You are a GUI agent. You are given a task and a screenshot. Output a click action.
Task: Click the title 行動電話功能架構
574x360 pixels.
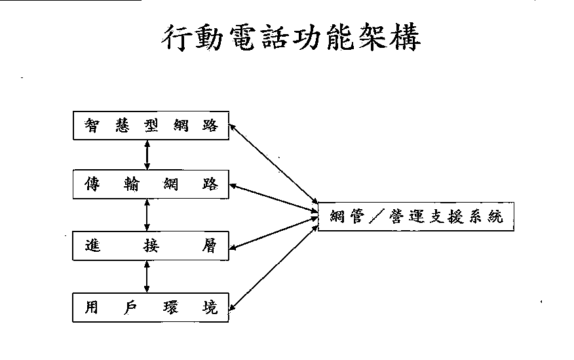tap(291, 39)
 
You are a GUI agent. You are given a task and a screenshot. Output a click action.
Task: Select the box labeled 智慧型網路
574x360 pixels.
tap(150, 126)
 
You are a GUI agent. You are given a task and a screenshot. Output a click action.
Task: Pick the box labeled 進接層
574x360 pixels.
tap(150, 246)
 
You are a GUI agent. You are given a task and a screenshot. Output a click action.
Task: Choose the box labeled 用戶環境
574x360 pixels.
tap(150, 308)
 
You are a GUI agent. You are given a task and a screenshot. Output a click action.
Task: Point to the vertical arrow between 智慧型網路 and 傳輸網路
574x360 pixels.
tap(147, 155)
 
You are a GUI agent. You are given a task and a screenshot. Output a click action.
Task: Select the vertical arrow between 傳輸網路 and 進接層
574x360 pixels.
tap(147, 215)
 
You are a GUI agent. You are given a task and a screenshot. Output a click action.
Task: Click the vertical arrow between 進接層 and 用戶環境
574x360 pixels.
tap(147, 276)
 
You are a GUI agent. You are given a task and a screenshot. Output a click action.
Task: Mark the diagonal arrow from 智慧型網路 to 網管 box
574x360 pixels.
tap(273, 165)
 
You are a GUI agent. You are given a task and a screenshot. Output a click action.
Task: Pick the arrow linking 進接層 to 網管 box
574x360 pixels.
tap(273, 233)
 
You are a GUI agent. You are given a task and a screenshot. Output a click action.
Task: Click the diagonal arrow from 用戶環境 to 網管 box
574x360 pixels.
tap(273, 264)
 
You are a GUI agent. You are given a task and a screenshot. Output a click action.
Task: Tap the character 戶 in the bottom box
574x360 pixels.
tap(130, 307)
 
